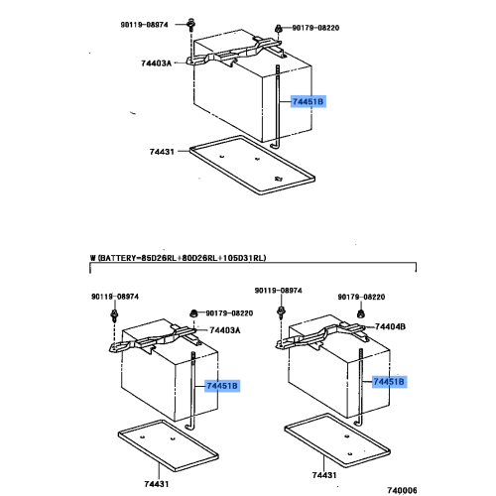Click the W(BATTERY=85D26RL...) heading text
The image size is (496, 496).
tap(180, 257)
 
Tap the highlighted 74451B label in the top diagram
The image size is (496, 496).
tap(308, 101)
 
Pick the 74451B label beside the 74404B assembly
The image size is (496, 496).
tap(390, 381)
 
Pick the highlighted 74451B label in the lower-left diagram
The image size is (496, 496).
tap(222, 385)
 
